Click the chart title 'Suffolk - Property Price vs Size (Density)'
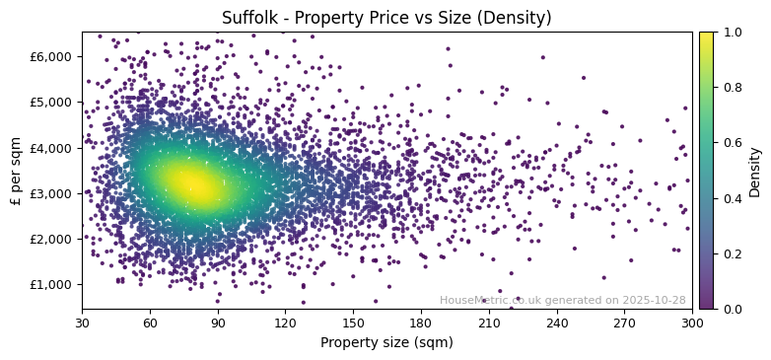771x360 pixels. pos(386,18)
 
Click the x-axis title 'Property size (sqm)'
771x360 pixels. pos(386,343)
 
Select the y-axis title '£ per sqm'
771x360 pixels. pos(16,171)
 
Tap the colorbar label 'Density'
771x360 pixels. pos(755,171)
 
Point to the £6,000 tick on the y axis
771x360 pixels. pos(53,56)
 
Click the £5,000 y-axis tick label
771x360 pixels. pos(53,102)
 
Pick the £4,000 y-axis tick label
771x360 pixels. pos(53,148)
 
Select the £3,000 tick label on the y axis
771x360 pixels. pos(53,193)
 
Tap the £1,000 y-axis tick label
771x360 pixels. pos(53,284)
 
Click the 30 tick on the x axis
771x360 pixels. pos(82,322)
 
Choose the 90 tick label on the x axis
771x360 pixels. pos(218,322)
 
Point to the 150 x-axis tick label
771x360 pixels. pos(353,322)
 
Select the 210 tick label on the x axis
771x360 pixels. pos(489,322)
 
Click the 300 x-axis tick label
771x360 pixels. pos(692,322)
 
